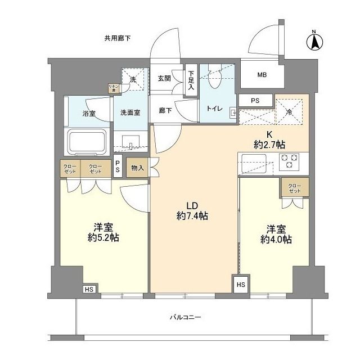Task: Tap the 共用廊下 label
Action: (x=118, y=39)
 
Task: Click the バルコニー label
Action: (x=185, y=317)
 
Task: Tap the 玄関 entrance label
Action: (x=164, y=78)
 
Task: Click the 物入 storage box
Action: (x=137, y=168)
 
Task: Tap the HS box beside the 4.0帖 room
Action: (x=241, y=285)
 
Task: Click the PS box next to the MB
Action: (x=255, y=101)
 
